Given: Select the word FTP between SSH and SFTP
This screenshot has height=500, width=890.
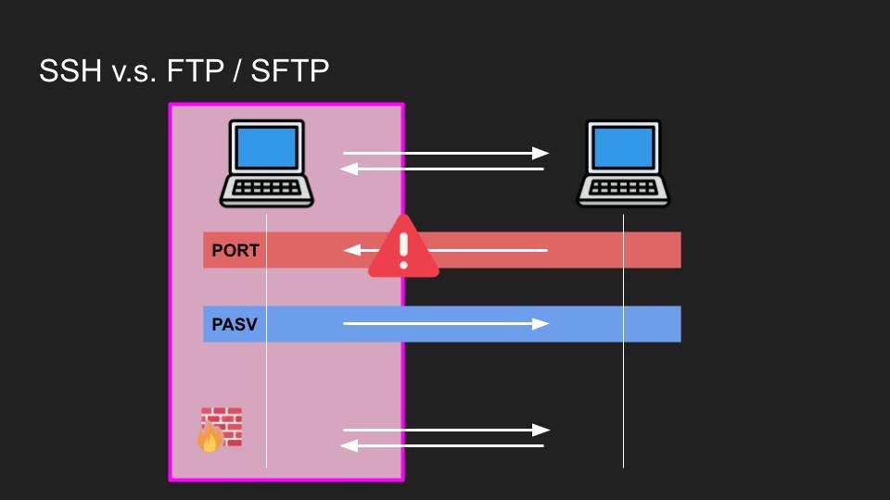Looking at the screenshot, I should point(197,70).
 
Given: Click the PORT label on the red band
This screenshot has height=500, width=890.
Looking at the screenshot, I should point(235,251).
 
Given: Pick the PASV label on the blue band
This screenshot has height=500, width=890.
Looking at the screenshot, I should point(235,325).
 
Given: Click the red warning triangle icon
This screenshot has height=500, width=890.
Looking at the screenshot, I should point(403,248).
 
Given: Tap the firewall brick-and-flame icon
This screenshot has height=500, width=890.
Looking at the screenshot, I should point(220,429).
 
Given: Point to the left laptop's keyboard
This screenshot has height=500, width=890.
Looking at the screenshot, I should point(267,187).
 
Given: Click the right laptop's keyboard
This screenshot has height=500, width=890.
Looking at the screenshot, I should point(624,187).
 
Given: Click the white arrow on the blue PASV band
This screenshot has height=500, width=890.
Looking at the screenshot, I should point(445,324).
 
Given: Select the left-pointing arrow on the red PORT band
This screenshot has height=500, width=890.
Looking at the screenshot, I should point(482,250).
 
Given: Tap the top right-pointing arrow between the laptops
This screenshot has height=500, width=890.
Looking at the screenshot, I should point(445,153).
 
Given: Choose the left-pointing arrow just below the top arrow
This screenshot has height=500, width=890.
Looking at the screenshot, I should point(443,169).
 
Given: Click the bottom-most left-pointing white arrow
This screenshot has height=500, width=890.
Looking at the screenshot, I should point(443,446).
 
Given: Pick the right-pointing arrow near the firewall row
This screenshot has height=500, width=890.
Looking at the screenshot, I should point(445,430).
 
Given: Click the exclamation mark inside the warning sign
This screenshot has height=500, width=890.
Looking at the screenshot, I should point(403,248).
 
